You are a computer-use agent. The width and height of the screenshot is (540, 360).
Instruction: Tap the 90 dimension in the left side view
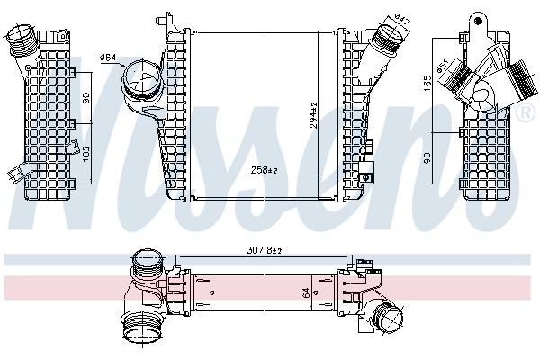[x=87, y=96]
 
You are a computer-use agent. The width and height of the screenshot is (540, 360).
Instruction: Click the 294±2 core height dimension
[x=314, y=115]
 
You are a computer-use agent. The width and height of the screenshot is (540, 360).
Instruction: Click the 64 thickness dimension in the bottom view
[x=307, y=292]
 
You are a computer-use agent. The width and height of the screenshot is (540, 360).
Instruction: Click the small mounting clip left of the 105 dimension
[x=15, y=175]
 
